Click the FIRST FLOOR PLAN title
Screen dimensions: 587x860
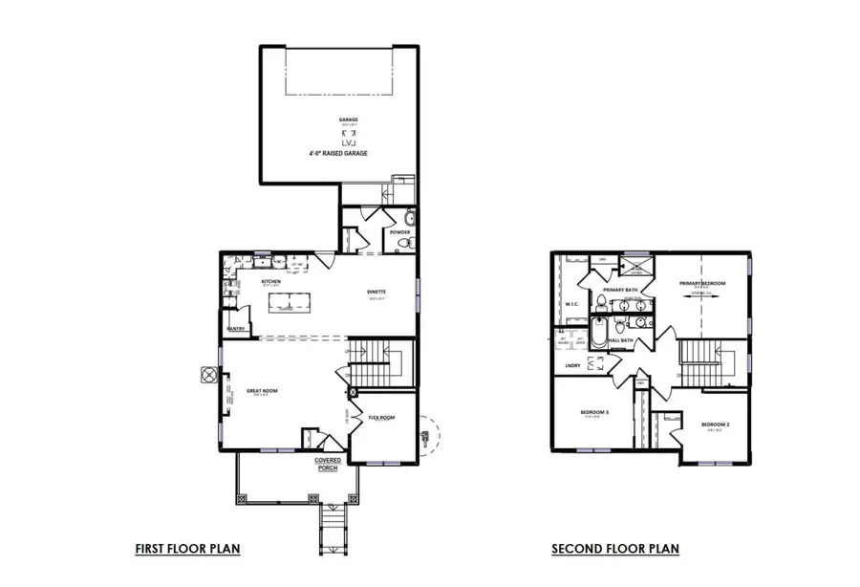pos(186,549)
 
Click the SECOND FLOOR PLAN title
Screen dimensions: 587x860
pos(615,549)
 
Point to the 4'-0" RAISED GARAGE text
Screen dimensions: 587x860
pos(338,153)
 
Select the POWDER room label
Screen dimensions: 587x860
pos(400,231)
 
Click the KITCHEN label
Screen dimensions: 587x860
pos(270,281)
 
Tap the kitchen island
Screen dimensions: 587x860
pos(291,303)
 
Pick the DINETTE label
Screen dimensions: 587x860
pos(376,293)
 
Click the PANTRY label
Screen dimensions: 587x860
pos(237,329)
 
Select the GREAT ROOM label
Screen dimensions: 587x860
pos(261,390)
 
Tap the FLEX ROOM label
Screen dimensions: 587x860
pos(382,417)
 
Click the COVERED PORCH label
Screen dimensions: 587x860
pos(329,464)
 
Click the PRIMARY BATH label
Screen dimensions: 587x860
pos(619,289)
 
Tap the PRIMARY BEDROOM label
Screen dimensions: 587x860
pos(702,283)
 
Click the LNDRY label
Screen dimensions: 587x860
pos(572,365)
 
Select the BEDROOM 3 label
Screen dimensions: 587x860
pos(594,412)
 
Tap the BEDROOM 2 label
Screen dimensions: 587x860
pos(715,424)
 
